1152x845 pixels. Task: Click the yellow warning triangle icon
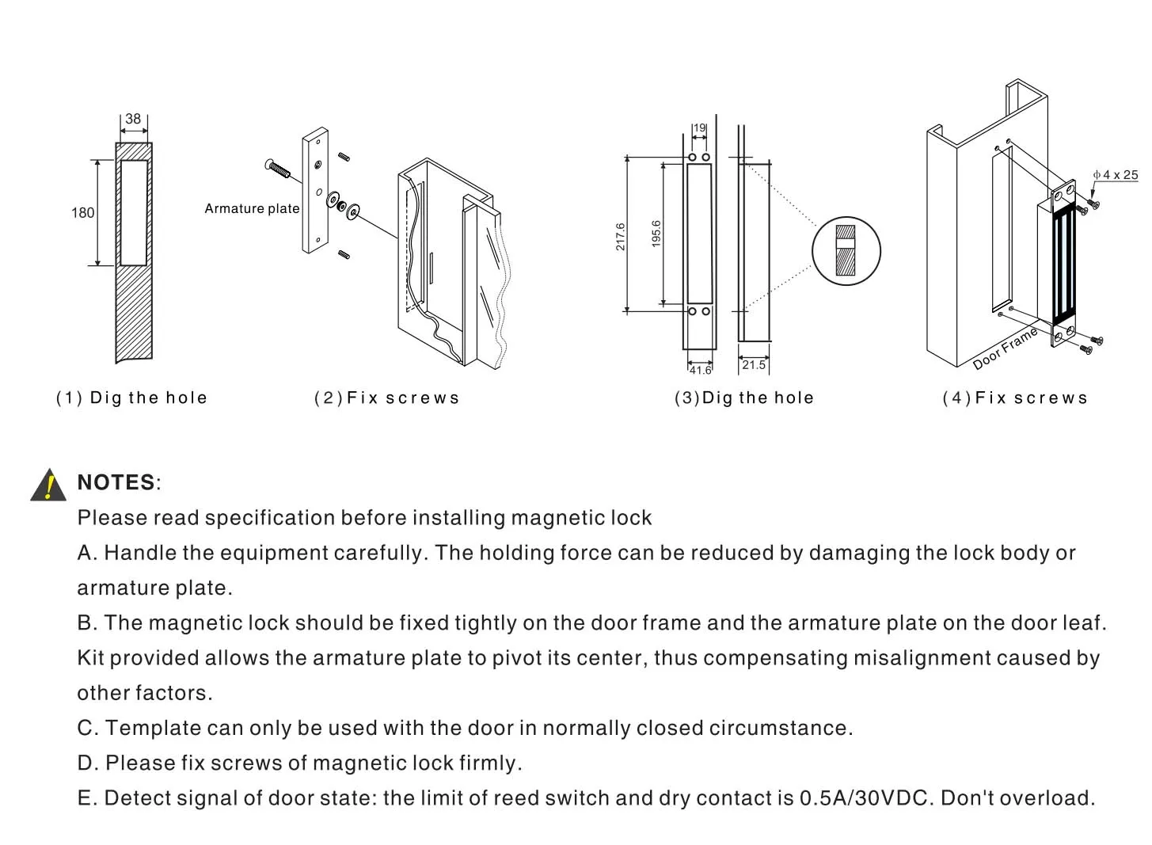48,485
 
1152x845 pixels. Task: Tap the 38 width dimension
133,119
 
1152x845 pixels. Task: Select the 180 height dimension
82,213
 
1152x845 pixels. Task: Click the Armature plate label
252,209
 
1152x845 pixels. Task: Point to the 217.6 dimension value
621,236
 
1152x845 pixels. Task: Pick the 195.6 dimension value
656,234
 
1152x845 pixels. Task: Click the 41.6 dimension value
700,370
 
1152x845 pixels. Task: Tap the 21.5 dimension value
754,364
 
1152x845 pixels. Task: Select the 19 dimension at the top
699,128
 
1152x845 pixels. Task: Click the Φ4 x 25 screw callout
1116,175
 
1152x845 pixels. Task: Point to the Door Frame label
1005,348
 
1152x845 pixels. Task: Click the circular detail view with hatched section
846,251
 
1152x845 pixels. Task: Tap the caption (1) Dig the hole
131,398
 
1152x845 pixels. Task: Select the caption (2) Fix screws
386,398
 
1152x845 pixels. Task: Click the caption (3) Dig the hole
743,398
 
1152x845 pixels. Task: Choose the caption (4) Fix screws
1015,398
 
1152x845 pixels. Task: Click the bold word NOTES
116,482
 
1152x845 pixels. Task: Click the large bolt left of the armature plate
278,169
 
